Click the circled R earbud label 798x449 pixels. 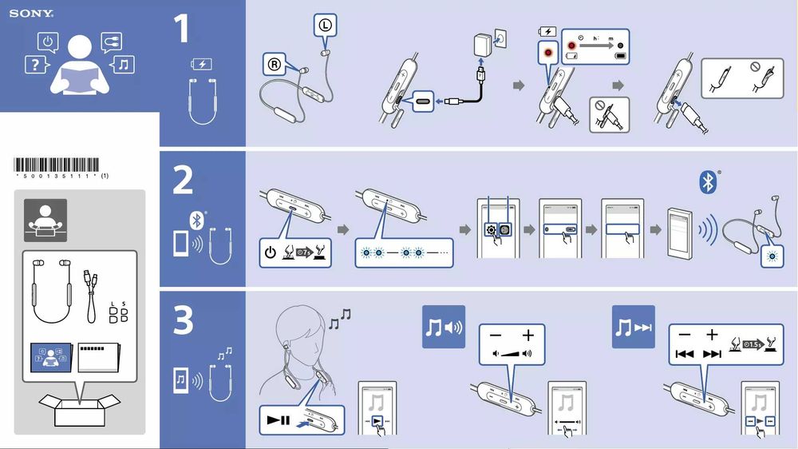click(273, 63)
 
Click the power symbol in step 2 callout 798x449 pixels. click(271, 255)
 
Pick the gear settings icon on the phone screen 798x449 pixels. click(490, 229)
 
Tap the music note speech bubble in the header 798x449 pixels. click(123, 64)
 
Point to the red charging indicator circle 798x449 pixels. click(547, 53)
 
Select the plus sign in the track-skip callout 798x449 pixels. click(712, 335)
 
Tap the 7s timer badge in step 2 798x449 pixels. click(304, 254)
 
